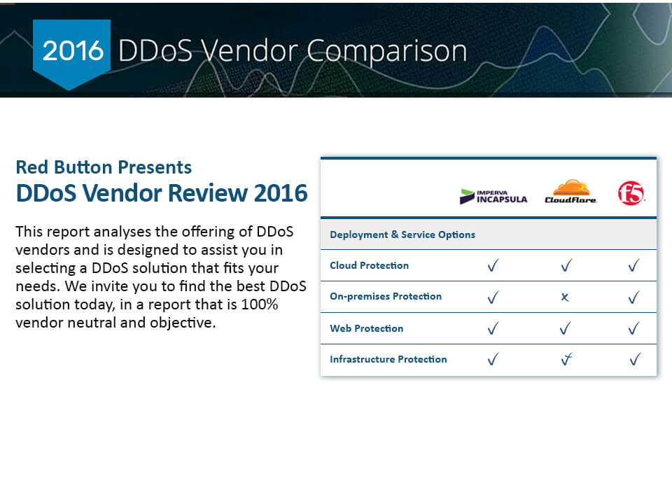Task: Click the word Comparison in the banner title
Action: coord(386,51)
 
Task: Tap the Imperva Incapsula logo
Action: coord(493,196)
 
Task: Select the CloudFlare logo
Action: coord(570,191)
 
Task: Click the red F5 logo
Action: coord(631,193)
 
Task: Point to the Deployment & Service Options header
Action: coord(402,234)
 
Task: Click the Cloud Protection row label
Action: coord(369,265)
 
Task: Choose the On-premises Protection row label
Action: coord(385,296)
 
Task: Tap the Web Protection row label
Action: coord(366,328)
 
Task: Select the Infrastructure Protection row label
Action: coord(388,359)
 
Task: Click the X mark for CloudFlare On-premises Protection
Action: coord(565,297)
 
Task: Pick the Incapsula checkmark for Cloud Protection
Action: coord(493,265)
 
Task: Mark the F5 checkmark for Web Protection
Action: coord(634,328)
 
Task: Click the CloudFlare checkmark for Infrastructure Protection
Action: coord(566,359)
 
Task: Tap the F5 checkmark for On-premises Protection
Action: coord(634,297)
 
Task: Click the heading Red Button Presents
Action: coord(104,167)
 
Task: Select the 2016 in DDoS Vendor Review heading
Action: coord(281,193)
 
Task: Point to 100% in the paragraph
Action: coord(260,304)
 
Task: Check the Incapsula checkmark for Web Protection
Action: coord(493,328)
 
